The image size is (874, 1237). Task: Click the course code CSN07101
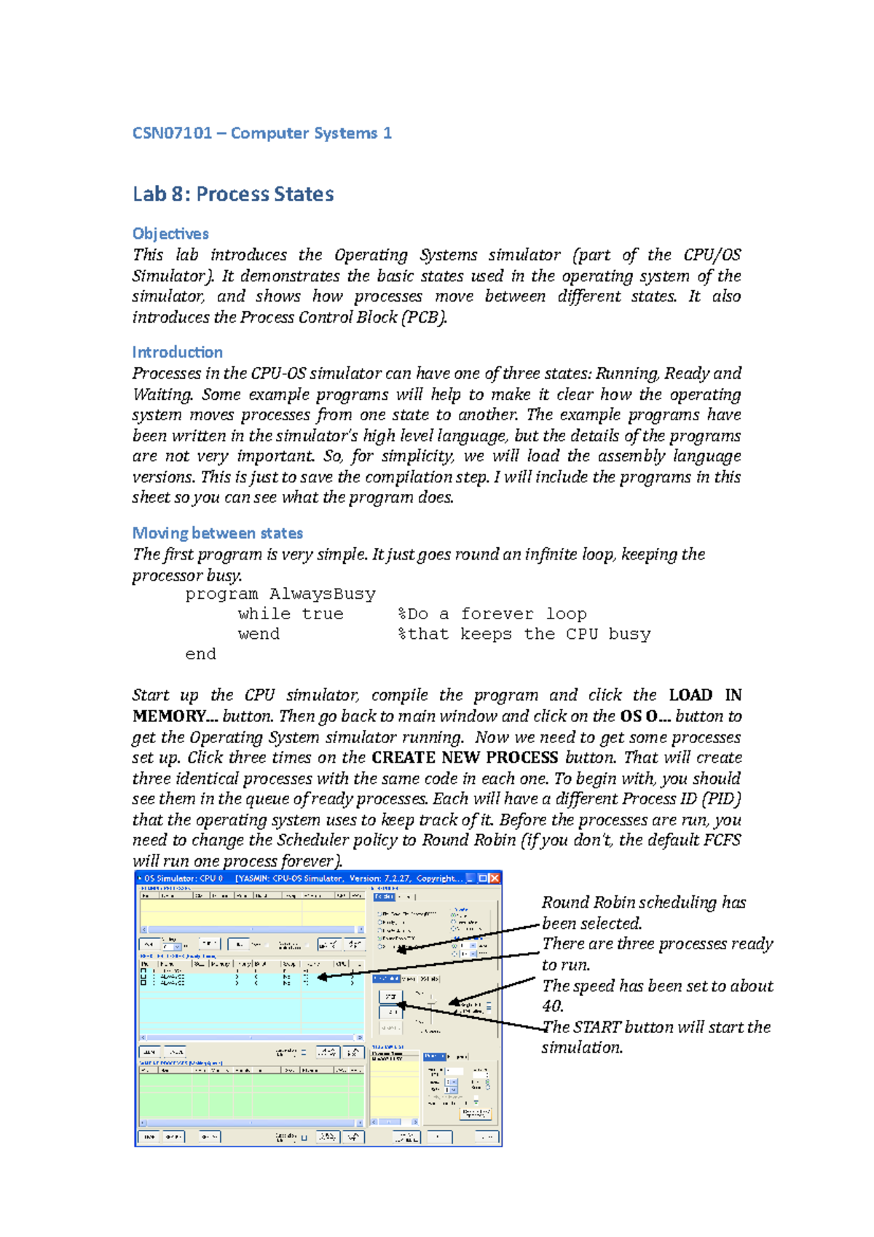172,133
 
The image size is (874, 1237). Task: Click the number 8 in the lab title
178,195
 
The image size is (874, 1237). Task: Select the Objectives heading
170,234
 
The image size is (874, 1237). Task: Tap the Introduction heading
177,353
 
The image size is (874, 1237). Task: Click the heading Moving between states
217,533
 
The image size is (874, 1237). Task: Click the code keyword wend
259,635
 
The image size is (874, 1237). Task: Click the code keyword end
200,654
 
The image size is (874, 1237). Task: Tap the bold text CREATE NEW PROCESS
464,758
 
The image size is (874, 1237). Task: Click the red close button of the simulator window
495,879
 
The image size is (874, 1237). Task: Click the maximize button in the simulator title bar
483,879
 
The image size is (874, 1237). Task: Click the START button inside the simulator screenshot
391,996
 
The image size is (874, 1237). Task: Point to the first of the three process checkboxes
143,971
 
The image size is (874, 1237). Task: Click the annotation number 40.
552,1007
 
